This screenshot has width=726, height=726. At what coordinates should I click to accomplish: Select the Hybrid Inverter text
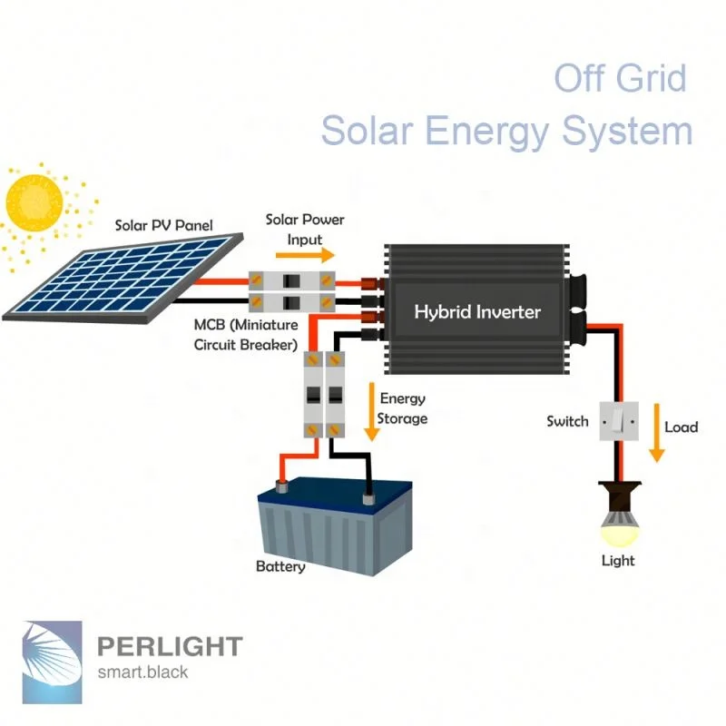tap(476, 312)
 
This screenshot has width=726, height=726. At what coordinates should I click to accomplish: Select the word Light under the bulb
tap(618, 560)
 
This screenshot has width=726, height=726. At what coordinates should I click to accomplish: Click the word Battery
tap(280, 566)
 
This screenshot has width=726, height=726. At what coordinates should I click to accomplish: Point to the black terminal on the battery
tap(368, 497)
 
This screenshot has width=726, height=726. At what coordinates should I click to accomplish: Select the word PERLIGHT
tap(169, 646)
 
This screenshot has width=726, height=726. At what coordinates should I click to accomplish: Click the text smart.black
tap(142, 672)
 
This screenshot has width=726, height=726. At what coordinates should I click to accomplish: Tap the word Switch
tap(567, 421)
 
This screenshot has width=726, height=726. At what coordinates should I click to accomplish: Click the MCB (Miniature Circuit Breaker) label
tap(245, 335)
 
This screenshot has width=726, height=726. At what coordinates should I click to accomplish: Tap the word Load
tap(682, 427)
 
